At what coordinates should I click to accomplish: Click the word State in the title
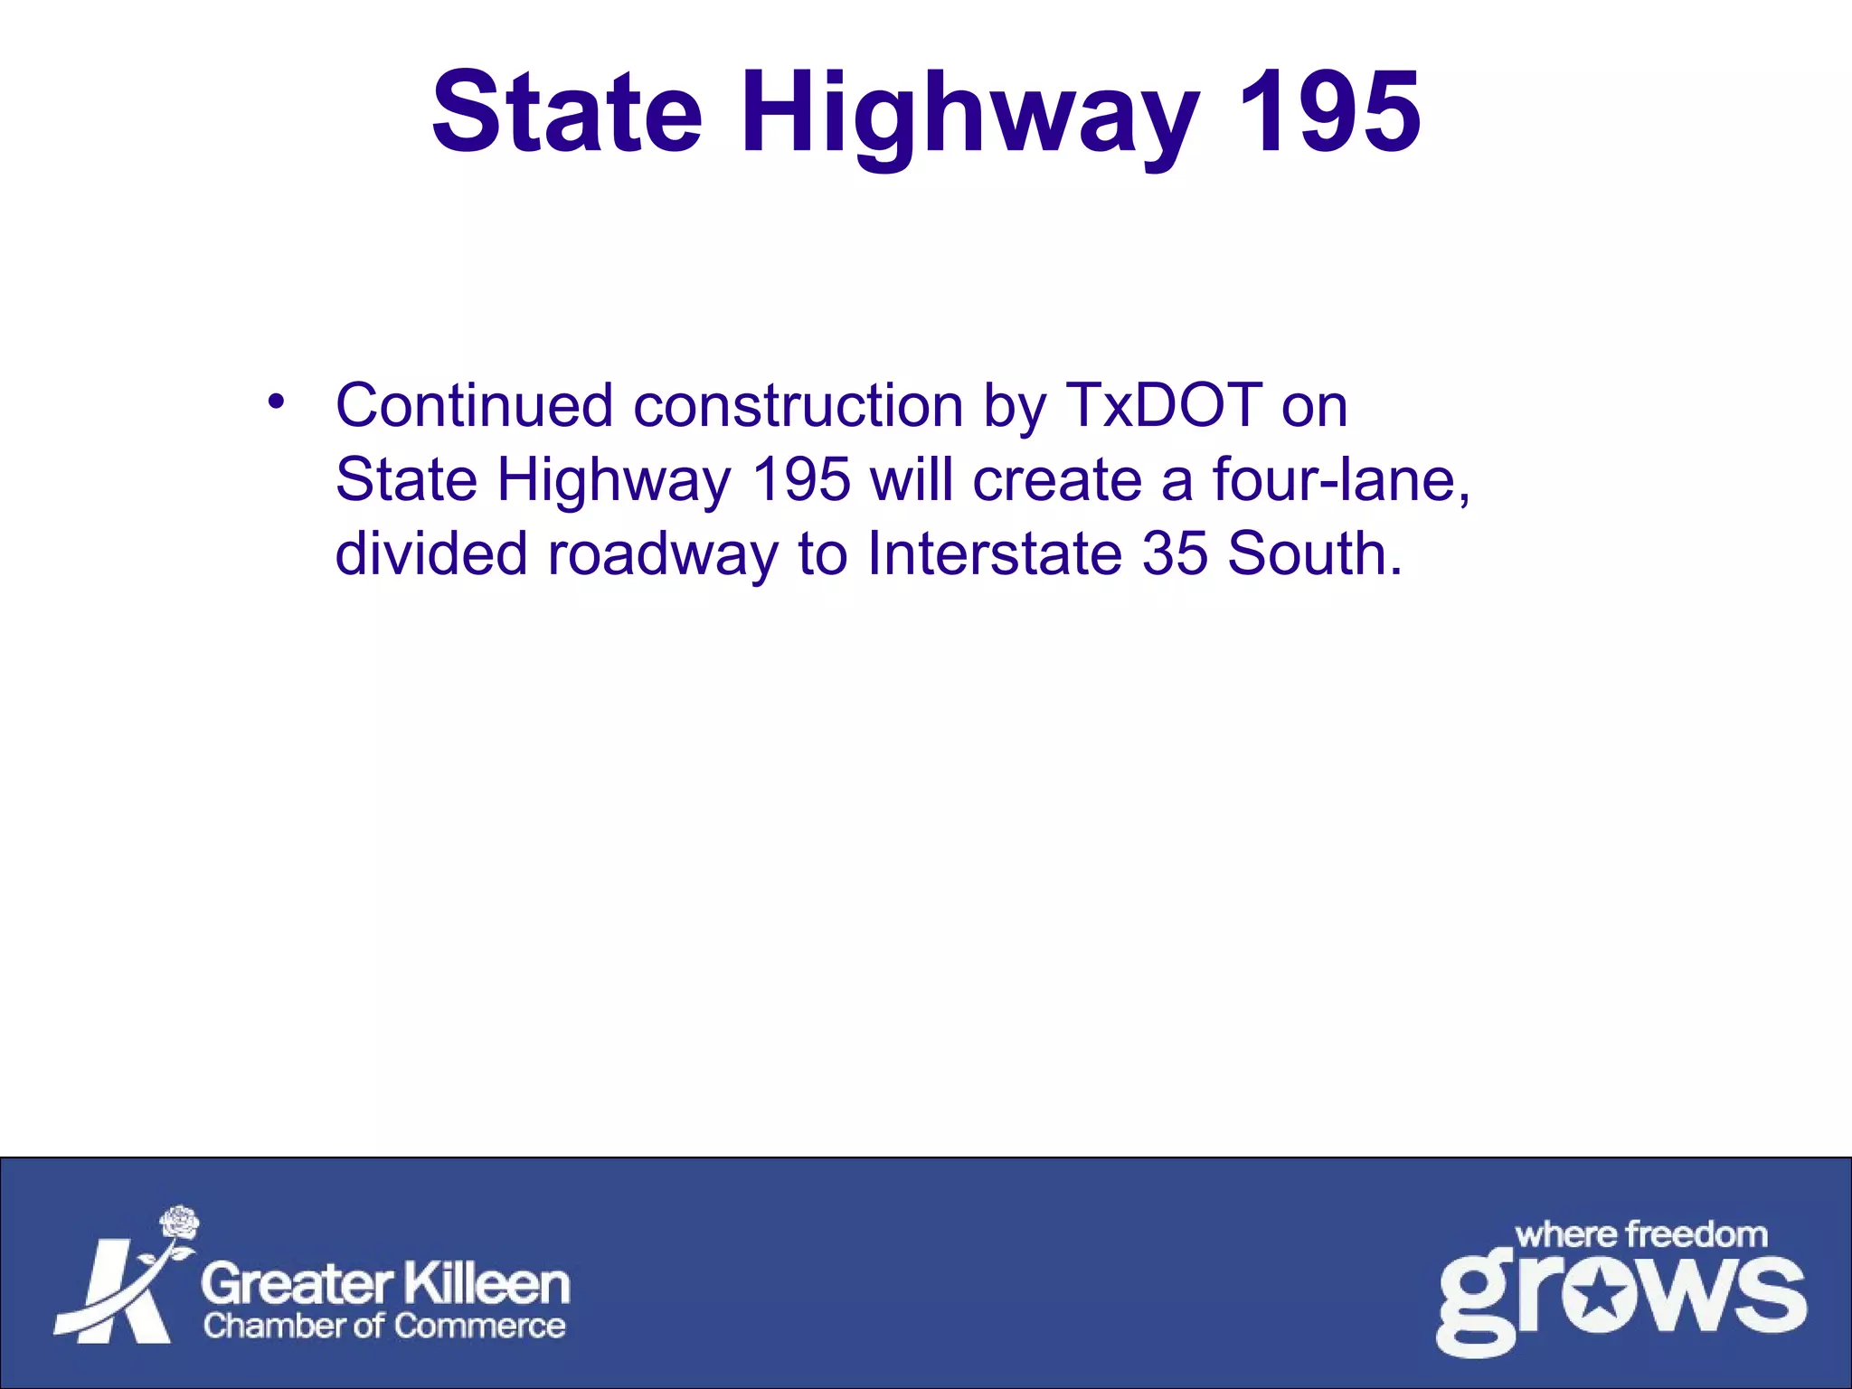567,113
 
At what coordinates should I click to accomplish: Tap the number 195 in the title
1328,113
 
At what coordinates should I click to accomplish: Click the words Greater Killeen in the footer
385,1284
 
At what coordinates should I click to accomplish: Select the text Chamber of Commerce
384,1327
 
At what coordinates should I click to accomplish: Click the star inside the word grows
1602,1299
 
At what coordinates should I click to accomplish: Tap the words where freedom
1640,1234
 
